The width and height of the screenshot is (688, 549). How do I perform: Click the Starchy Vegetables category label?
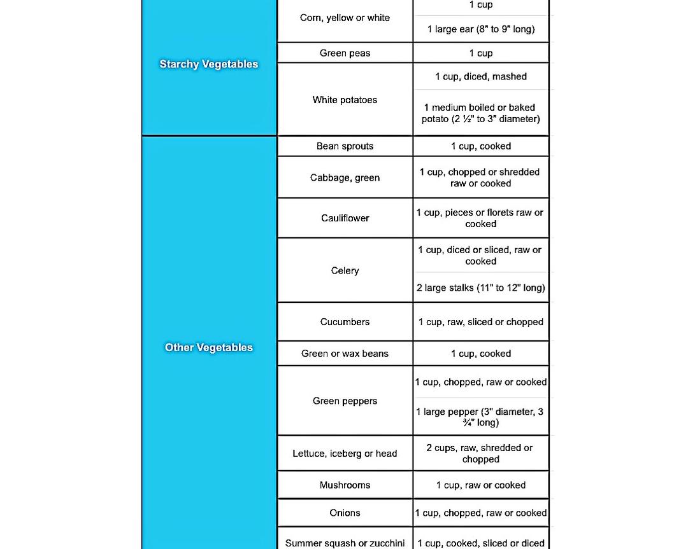[x=209, y=64]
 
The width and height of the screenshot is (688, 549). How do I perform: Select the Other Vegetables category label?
[x=209, y=347]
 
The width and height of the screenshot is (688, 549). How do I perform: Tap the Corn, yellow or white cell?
[x=345, y=18]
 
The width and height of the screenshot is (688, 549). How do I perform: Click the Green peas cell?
[x=345, y=53]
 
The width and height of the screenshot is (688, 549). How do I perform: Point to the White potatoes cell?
[x=345, y=100]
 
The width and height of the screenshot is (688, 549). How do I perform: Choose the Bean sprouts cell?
[x=345, y=146]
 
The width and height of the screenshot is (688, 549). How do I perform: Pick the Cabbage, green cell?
[x=345, y=178]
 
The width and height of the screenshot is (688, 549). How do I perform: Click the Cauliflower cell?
[x=345, y=218]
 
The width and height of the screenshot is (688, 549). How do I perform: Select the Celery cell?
[x=345, y=271]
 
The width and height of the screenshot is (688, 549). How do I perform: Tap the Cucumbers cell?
[x=345, y=322]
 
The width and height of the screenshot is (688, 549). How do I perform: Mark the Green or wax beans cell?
[x=345, y=354]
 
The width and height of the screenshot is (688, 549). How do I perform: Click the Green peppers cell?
[x=345, y=401]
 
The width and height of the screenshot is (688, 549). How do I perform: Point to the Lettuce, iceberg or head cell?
[x=345, y=454]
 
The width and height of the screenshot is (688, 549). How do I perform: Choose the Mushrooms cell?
[x=345, y=485]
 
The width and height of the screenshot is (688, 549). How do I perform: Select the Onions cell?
[x=345, y=513]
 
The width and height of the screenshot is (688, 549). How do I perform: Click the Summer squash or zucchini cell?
[x=345, y=543]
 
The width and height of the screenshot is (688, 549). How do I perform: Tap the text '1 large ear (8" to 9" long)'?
[x=481, y=29]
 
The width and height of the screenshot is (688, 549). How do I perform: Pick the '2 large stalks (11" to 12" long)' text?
[x=481, y=288]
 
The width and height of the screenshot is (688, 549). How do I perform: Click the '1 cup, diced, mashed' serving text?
[x=481, y=77]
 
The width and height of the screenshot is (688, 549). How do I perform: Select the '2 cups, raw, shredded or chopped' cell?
[x=481, y=454]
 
